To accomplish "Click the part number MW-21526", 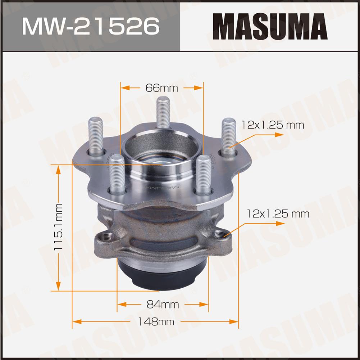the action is point(91,26).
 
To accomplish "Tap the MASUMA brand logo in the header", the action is point(270,26).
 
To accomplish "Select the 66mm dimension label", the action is point(161,88).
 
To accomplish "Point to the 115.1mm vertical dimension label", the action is point(58,227).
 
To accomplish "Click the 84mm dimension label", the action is point(163,305).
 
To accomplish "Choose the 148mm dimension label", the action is point(156,321).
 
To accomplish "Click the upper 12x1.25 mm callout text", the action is point(273,125).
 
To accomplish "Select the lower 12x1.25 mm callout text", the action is point(278,214).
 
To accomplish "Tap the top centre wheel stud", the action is point(163,112).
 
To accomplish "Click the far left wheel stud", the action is point(96,136).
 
